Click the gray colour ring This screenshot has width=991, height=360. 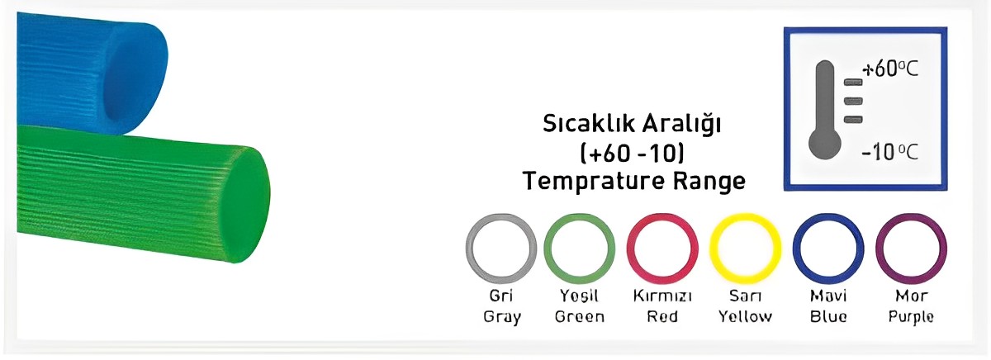[470, 249]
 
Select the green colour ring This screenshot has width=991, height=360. [548, 249]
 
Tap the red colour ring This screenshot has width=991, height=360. [631, 249]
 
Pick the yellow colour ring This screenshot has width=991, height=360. [714, 249]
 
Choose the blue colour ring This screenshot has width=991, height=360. [797, 249]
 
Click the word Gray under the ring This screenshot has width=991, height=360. [502, 318]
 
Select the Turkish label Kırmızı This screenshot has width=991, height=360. [662, 296]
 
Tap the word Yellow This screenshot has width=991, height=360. [745, 316]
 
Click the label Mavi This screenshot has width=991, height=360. [828, 296]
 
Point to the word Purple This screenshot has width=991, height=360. [911, 318]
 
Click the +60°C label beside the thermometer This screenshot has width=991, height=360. [890, 69]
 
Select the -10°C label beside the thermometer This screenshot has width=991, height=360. [889, 153]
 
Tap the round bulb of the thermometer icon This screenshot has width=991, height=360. [825, 144]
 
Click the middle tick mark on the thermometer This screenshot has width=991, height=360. [853, 102]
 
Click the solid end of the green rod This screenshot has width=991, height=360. [245, 204]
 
